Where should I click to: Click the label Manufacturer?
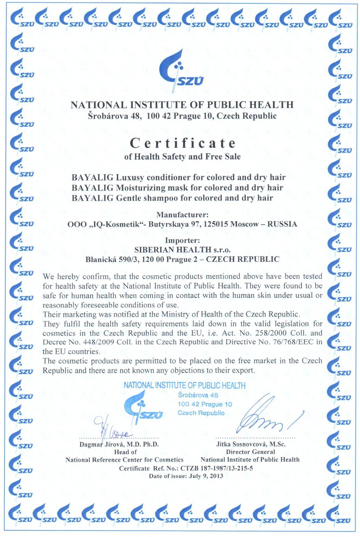point(182,215)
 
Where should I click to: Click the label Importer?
point(182,240)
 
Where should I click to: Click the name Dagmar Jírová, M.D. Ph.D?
point(119,444)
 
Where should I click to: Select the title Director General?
point(250,452)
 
